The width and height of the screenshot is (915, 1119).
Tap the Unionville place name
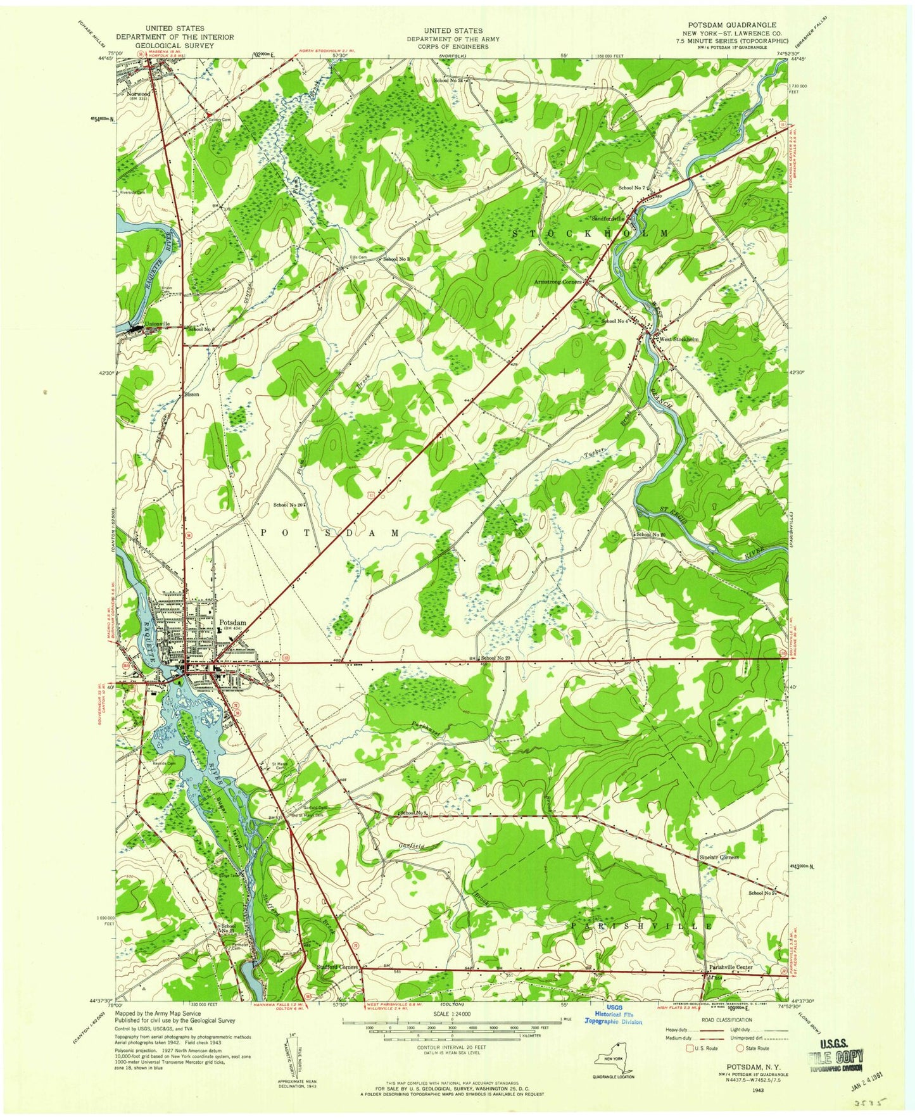click(158, 324)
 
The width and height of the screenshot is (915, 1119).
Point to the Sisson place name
click(191, 394)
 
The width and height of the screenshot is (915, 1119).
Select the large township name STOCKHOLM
click(589, 234)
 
